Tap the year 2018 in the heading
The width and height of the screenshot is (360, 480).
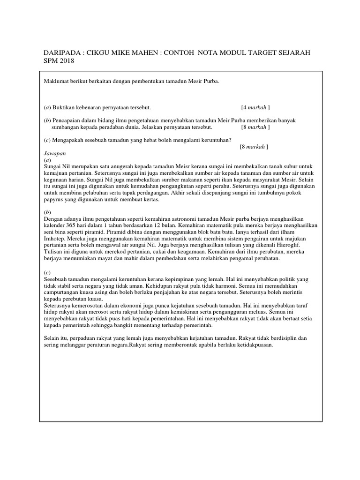point(66,61)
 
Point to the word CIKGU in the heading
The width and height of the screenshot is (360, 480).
point(97,52)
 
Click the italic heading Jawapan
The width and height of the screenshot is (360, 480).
point(54,153)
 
